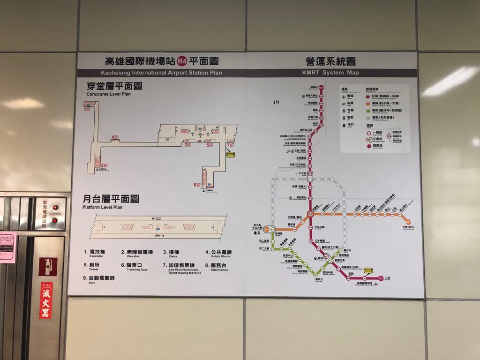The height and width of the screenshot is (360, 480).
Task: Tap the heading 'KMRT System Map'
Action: click(330, 73)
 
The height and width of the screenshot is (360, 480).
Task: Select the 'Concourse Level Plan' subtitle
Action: click(108, 94)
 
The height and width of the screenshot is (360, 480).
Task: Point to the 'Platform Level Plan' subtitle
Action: click(102, 207)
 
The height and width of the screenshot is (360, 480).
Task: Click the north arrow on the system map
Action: click(277, 102)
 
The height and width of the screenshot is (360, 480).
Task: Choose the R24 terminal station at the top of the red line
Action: click(321, 88)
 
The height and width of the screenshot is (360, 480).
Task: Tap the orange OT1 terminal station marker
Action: click(408, 222)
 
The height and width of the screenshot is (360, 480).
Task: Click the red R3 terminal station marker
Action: click(381, 278)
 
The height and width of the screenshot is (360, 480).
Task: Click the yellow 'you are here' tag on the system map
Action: click(368, 270)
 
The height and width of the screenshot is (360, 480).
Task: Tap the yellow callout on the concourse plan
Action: click(231, 153)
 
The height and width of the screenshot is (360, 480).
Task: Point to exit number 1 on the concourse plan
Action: click(86, 109)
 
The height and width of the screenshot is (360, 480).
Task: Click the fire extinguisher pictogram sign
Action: click(47, 267)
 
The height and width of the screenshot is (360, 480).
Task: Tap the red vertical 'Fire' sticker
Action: click(46, 300)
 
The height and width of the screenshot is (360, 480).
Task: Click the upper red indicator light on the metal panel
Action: click(55, 207)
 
